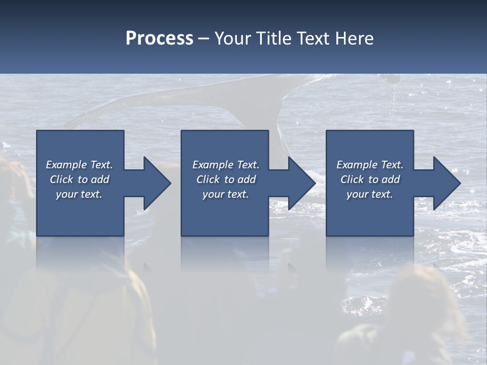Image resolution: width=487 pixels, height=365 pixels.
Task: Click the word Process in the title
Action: tap(159, 39)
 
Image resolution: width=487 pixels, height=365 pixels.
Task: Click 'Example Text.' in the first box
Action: tap(79, 165)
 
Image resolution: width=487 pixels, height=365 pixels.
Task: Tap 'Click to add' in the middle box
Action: tap(226, 179)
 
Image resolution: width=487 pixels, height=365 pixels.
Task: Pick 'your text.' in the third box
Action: tap(370, 194)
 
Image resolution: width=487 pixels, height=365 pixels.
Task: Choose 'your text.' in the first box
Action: tap(79, 194)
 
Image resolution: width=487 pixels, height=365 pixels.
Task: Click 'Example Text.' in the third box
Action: tap(370, 165)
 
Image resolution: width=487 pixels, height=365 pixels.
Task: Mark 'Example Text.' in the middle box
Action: tap(226, 165)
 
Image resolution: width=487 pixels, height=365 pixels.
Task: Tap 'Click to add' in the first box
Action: tap(79, 179)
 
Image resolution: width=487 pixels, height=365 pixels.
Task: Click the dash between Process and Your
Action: tap(204, 39)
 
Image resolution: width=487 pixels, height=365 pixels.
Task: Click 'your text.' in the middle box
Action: tap(226, 194)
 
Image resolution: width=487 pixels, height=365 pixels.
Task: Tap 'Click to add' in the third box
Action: tap(370, 179)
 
